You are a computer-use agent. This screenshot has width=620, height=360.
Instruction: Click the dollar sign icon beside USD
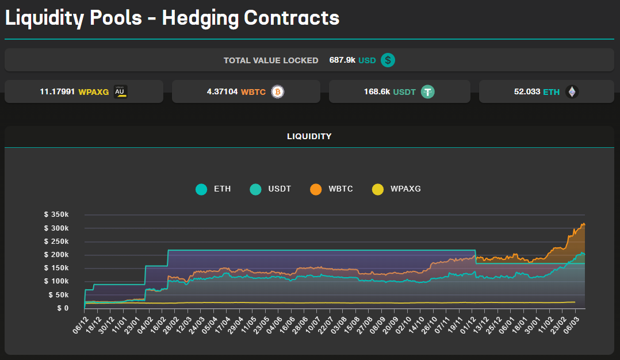[388, 60]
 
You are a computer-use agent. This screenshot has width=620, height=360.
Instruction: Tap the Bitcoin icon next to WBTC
[278, 91]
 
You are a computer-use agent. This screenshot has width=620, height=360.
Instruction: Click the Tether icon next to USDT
[427, 91]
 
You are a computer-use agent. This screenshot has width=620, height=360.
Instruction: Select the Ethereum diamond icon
[572, 91]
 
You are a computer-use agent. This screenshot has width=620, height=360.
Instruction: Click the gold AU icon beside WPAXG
[120, 91]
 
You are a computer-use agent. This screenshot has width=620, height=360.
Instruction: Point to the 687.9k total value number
[342, 60]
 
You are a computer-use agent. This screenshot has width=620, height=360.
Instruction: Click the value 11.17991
[58, 91]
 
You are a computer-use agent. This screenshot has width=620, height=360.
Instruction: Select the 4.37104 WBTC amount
[223, 91]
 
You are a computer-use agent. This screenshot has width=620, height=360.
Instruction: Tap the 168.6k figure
[377, 91]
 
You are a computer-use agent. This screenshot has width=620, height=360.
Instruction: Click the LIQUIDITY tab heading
[309, 136]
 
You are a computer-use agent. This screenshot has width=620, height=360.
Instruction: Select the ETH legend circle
[201, 189]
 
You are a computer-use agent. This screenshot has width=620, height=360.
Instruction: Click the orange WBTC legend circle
[316, 189]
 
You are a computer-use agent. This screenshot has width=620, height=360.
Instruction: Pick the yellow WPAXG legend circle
[377, 189]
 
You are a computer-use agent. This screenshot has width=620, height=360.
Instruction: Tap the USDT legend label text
[280, 189]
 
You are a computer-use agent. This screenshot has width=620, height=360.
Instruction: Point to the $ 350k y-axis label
[56, 215]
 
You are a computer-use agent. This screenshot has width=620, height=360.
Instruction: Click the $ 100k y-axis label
[56, 281]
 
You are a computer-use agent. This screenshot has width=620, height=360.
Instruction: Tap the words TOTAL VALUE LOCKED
[271, 60]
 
